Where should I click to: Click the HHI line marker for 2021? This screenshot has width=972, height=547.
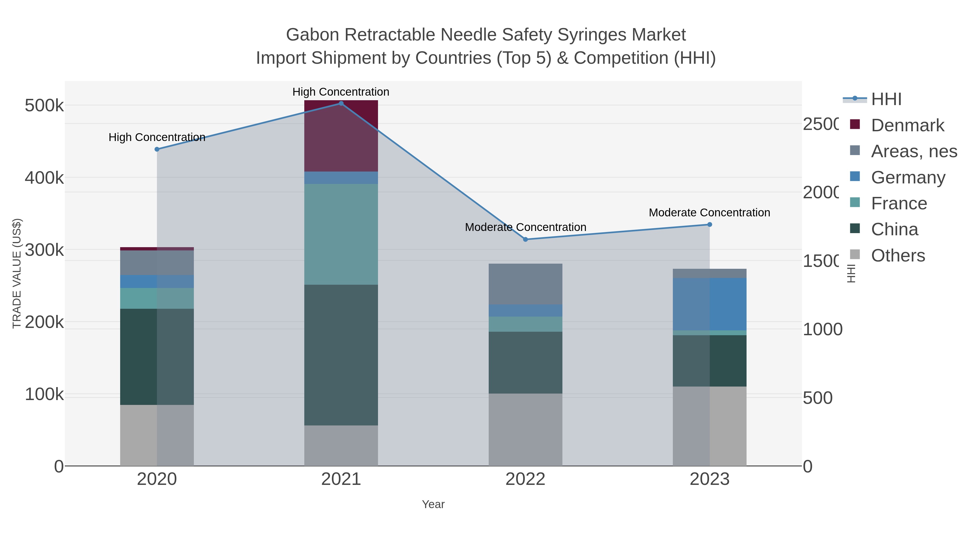coord(341,103)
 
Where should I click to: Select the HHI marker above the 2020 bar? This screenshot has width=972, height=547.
coord(157,149)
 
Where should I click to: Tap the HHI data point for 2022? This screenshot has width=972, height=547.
coord(525,239)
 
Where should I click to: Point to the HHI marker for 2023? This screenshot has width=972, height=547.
coord(709,225)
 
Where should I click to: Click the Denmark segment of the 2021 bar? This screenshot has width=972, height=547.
coord(341,136)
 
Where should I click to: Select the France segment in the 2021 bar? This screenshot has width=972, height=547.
coord(341,234)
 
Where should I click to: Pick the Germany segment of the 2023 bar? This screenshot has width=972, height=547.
coord(709,304)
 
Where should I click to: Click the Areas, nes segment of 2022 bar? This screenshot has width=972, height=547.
coord(525,284)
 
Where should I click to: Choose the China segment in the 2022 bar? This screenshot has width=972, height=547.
coord(525,363)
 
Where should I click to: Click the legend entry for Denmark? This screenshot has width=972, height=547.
coord(907,125)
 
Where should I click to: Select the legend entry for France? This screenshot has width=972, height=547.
coord(899,203)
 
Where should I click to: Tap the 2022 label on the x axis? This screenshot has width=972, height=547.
coord(525,479)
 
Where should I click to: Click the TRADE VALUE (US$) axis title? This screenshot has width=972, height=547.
coord(17,273)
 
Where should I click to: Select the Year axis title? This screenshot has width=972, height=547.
coord(433,504)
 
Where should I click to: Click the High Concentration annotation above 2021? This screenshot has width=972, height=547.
coord(341,92)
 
